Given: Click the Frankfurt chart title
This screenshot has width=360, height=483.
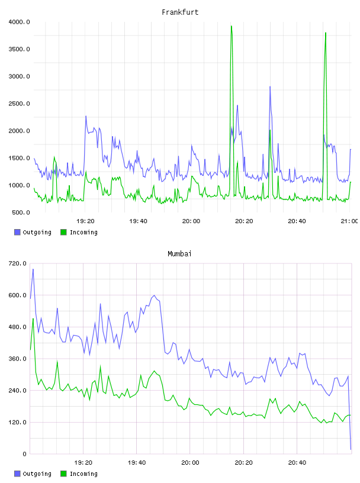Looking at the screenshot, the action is pos(180,12).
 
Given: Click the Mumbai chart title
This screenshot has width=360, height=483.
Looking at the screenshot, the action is pos(179,253).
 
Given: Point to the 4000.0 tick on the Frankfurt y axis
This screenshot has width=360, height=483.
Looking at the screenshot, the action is pos(19,22).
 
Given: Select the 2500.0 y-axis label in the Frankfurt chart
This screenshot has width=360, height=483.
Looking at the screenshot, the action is pos(19,104).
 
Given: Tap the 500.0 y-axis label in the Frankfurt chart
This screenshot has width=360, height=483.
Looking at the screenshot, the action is pos(21,212).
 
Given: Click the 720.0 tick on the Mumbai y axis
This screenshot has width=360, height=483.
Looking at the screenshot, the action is pos(18,263).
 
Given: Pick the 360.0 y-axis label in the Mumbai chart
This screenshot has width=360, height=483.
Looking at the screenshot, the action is pos(18,359).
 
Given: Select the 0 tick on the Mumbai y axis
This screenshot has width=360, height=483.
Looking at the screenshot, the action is pos(24,454).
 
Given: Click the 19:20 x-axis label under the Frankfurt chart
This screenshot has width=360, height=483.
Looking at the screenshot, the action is pos(85,221).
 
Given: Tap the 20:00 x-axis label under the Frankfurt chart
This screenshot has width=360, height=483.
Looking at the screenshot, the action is pos(191,221).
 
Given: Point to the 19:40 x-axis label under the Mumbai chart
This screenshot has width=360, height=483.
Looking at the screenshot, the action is pos(137,462).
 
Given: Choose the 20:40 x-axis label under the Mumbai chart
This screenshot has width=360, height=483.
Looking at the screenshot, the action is pos(297,462).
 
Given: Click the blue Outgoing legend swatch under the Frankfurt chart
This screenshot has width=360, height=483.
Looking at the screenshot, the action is pos(17,232).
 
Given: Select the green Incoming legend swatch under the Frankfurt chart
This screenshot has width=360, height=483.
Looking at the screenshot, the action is pos(63,232).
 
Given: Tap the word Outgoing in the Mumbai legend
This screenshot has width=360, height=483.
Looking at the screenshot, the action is pos(37,474).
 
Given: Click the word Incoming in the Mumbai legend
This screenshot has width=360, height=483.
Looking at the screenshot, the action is pos(83,474).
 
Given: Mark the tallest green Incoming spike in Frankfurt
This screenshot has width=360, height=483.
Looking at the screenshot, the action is pos(232,26).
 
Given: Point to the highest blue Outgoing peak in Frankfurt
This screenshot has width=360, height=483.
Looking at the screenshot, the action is pos(270,86).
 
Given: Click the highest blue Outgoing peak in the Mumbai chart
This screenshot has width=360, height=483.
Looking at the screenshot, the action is pos(33,269).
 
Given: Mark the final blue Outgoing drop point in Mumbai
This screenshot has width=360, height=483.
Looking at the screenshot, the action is pos(351,449).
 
